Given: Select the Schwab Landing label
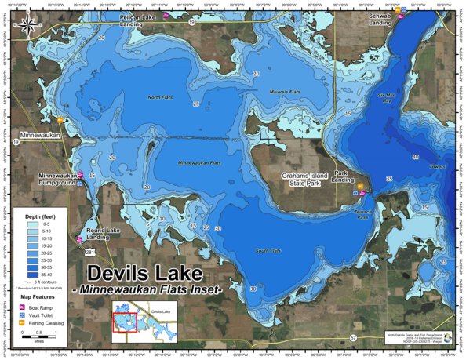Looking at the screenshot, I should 380,20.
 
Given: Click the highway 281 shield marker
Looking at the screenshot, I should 90,253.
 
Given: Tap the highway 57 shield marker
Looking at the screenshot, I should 353,337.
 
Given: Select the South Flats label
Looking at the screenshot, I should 268,251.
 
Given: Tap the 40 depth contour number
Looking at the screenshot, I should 415,157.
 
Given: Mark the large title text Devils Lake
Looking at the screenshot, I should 144,275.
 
